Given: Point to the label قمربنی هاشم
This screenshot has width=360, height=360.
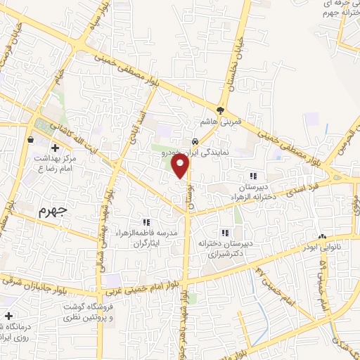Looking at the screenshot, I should (x=221, y=121).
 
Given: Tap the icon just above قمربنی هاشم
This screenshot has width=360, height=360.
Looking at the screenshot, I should (x=221, y=110).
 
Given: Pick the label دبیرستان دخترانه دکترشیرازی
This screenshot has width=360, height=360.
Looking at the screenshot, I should (x=225, y=250).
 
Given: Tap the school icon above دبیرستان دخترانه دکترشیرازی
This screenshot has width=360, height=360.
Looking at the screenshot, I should (x=225, y=233).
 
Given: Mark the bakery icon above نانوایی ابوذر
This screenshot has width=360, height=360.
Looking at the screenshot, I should (x=322, y=237).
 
